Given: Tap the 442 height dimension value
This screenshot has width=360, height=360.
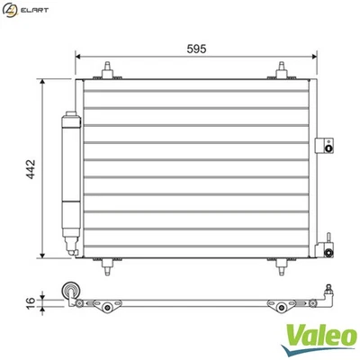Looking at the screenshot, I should [x=30, y=168].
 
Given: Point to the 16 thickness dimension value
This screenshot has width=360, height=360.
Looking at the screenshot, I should [x=31, y=302].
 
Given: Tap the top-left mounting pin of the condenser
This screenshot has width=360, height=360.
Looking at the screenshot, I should [x=108, y=70].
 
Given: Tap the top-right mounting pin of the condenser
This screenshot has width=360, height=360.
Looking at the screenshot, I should [x=282, y=70].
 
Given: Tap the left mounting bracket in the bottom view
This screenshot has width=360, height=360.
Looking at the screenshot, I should [x=109, y=306].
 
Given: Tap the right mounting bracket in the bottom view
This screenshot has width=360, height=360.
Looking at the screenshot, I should [x=280, y=306].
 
